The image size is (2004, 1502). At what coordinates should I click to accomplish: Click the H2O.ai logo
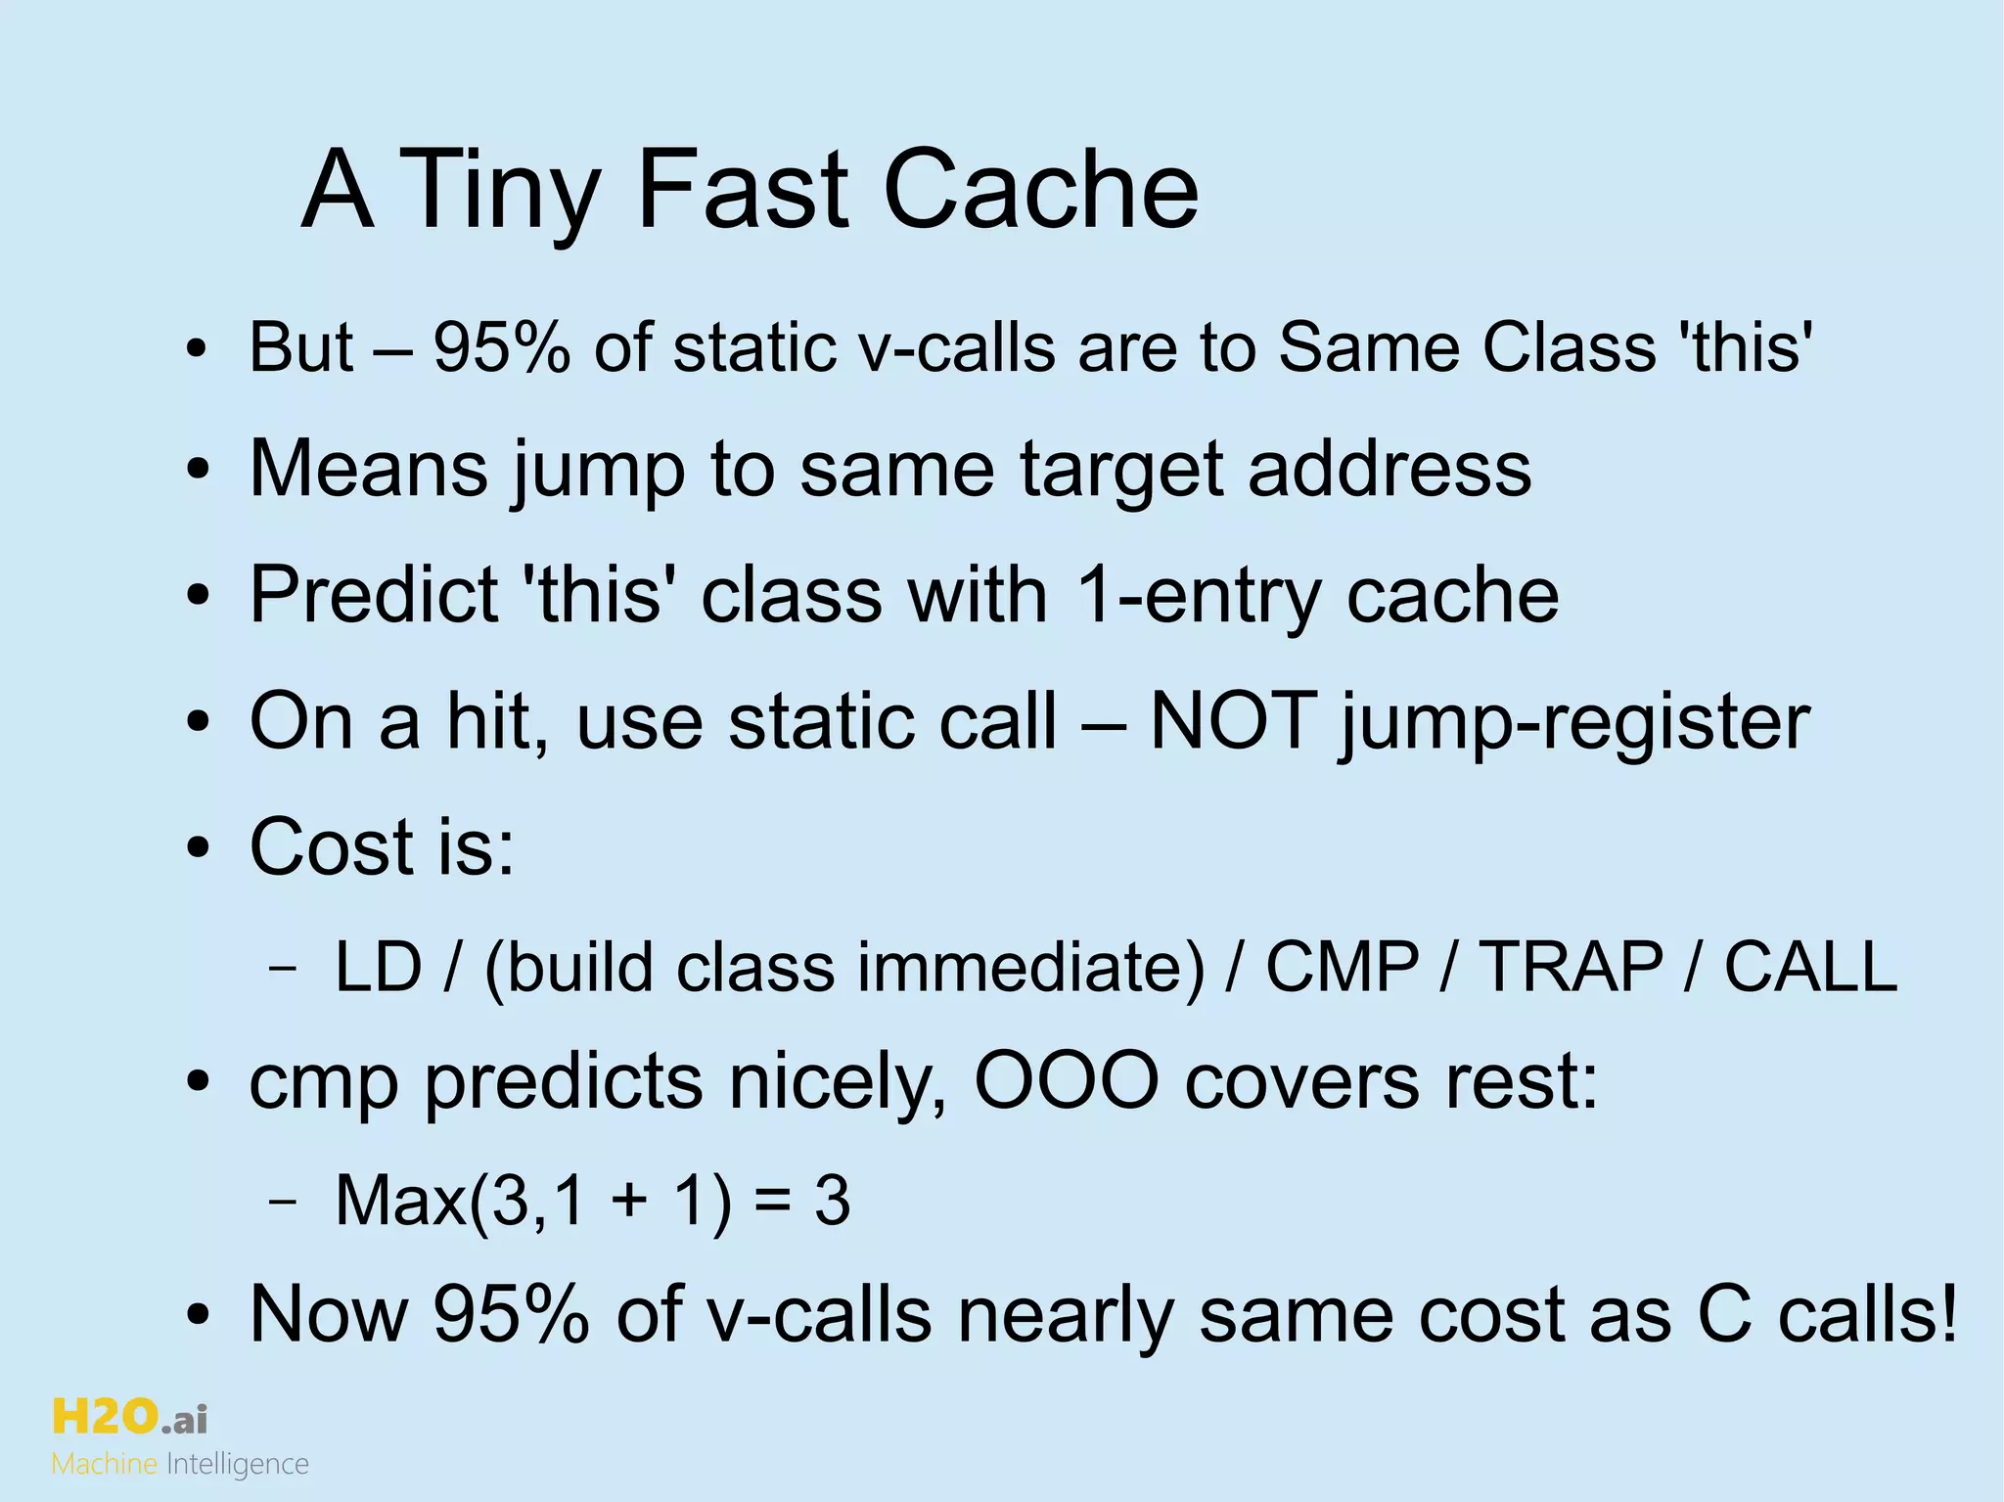click(x=129, y=1417)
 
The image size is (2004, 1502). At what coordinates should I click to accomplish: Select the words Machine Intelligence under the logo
click(x=180, y=1465)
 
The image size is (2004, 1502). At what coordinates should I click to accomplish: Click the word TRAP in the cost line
click(x=1570, y=967)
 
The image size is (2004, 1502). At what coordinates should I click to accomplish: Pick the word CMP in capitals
click(x=1343, y=967)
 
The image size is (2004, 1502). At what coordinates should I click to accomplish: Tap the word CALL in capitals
click(x=1810, y=967)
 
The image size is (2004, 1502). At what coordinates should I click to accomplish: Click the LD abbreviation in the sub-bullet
click(x=378, y=967)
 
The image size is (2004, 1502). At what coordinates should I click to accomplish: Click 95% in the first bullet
click(x=501, y=347)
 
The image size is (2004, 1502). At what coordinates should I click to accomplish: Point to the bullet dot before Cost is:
click(x=199, y=847)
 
